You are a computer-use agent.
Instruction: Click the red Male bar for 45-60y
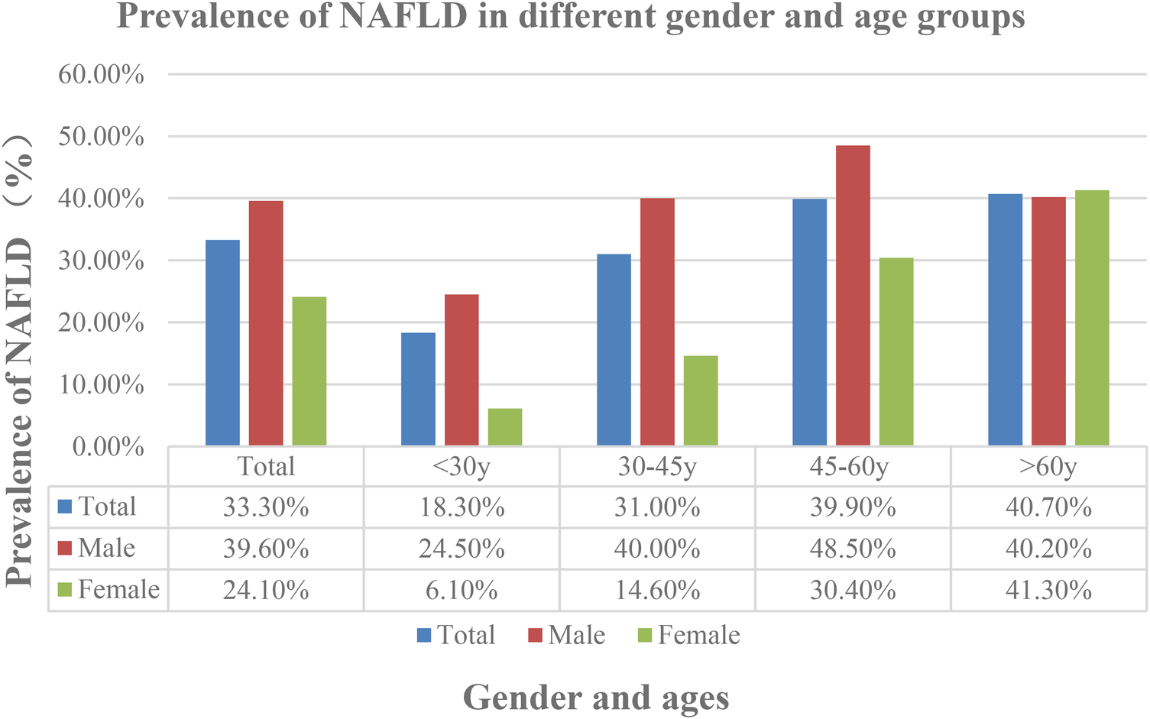(x=853, y=296)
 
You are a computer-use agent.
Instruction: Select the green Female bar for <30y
(x=505, y=427)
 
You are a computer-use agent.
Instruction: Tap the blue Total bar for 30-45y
(x=614, y=350)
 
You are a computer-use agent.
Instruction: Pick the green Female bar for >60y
(x=1092, y=318)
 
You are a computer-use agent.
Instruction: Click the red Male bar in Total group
(x=266, y=323)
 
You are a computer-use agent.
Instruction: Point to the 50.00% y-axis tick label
(x=101, y=137)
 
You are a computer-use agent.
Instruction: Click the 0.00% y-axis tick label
(x=108, y=446)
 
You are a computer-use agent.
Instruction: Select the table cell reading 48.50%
(x=853, y=549)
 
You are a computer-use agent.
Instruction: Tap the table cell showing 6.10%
(x=462, y=590)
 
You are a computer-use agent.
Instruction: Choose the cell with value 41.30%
(x=1048, y=590)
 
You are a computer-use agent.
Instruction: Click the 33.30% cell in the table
(x=266, y=507)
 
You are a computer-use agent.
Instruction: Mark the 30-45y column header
(x=657, y=466)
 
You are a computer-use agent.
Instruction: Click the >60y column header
(x=1048, y=466)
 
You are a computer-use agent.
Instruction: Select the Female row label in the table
(x=118, y=590)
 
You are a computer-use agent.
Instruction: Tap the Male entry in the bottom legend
(x=576, y=635)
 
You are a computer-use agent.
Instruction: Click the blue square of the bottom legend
(x=425, y=635)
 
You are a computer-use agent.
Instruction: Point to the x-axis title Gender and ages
(x=596, y=697)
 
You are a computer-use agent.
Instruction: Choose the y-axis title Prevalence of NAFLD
(x=20, y=359)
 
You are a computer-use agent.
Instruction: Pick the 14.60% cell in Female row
(x=657, y=590)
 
